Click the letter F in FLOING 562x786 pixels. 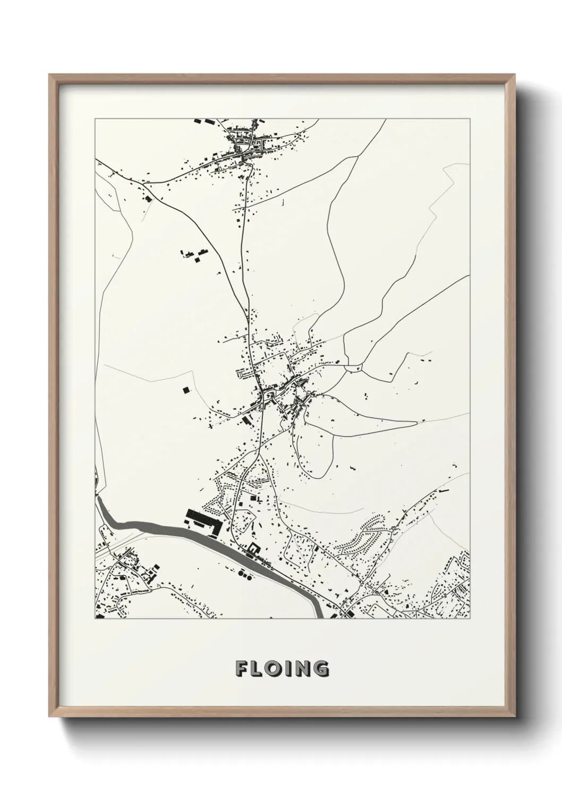(242, 669)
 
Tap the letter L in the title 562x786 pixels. (259, 669)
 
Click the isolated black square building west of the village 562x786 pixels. (185, 390)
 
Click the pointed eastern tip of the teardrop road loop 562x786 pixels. (415, 423)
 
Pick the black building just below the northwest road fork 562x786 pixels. (148, 199)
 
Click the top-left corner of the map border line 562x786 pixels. (95, 119)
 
